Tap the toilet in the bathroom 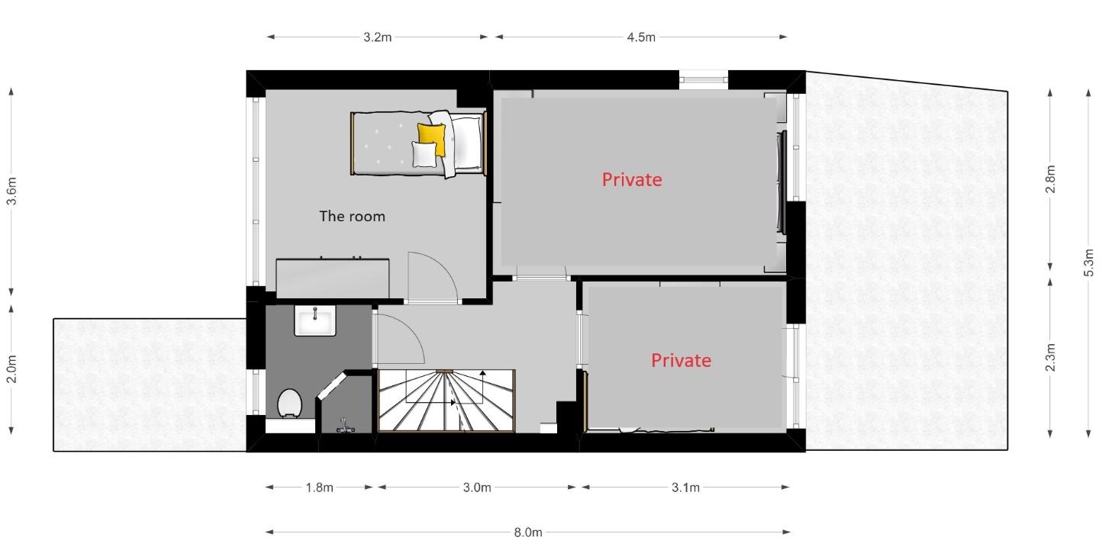click(289, 404)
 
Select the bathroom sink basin click(315, 320)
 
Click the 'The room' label click(353, 217)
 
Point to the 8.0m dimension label click(528, 533)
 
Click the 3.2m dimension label click(377, 37)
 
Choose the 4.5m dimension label click(641, 37)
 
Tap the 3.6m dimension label click(11, 191)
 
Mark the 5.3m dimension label click(1088, 263)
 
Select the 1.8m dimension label click(319, 487)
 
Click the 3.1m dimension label click(685, 487)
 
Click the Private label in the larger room click(632, 180)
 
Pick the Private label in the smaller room click(681, 361)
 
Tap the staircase click(446, 401)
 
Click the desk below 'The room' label click(333, 278)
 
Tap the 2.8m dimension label click(1050, 179)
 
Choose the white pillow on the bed click(424, 154)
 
